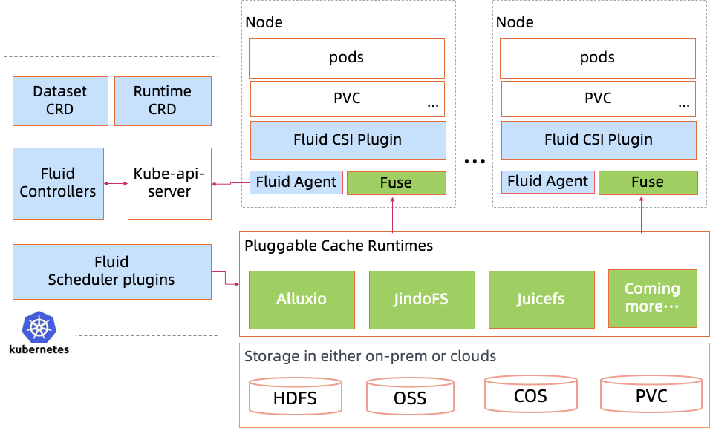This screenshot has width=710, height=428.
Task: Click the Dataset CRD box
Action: [x=59, y=100]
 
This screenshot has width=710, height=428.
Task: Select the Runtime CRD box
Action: [x=162, y=100]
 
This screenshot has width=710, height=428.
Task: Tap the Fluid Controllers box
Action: [x=58, y=183]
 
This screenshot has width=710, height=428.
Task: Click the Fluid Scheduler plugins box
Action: [x=111, y=271]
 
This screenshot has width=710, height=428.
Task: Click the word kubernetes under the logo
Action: [x=38, y=349]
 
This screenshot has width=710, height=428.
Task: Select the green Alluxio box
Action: [x=301, y=300]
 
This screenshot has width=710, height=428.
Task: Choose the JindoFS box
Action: [x=422, y=300]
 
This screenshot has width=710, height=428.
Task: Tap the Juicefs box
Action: [x=541, y=300]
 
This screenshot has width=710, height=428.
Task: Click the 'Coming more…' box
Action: [x=652, y=298]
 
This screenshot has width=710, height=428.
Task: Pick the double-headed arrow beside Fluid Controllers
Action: [x=116, y=183]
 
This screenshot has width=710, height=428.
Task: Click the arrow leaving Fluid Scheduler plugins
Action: [x=226, y=279]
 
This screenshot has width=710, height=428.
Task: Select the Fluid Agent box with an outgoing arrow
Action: [x=296, y=182]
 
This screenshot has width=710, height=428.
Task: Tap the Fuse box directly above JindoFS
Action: [x=396, y=183]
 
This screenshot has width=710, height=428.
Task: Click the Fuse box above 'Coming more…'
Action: [x=648, y=182]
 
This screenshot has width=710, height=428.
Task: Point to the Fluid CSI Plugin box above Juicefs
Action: [x=599, y=140]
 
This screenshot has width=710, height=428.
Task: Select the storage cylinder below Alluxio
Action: [x=296, y=395]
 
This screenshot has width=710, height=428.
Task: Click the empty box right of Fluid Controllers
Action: [x=169, y=183]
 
